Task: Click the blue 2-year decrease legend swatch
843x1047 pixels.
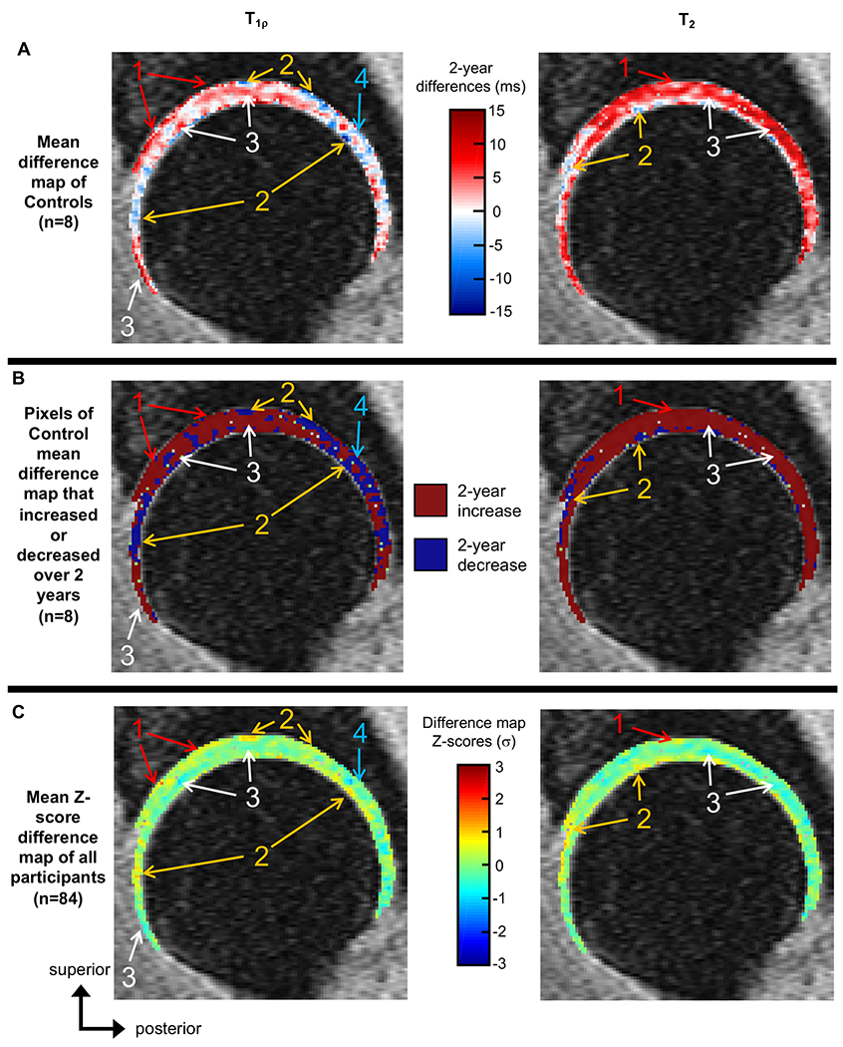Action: coord(434,555)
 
